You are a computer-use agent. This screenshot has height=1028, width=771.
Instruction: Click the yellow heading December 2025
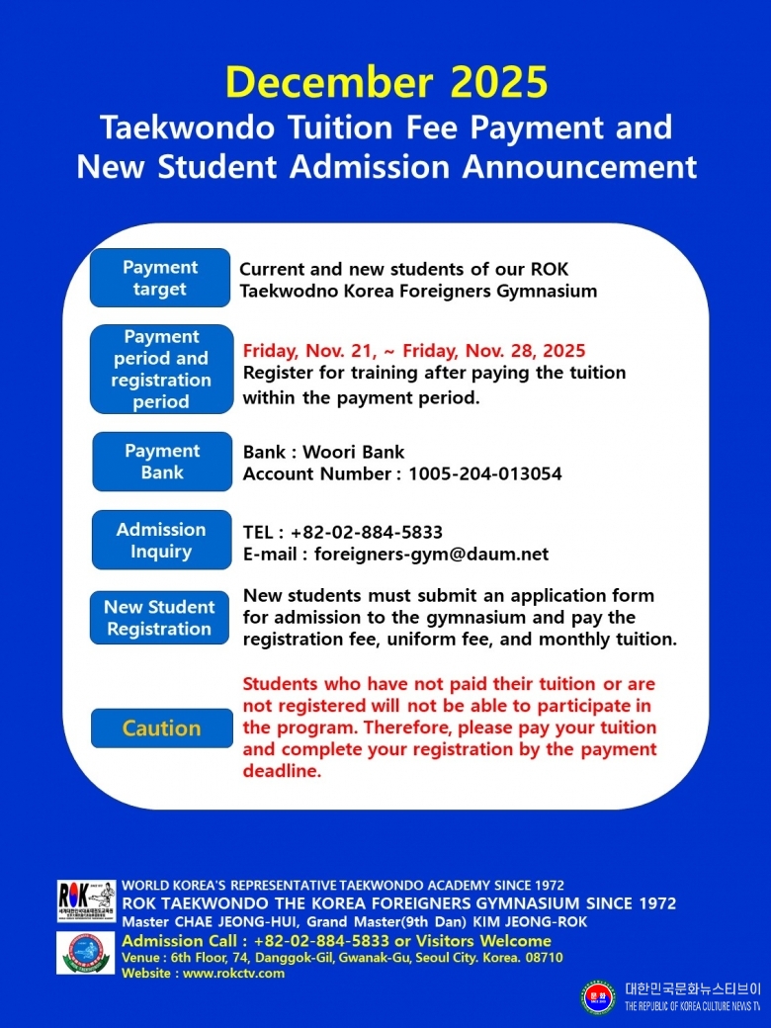(385, 83)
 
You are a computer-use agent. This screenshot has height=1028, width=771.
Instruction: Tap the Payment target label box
(160, 279)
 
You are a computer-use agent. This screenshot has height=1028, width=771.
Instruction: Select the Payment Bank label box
(162, 462)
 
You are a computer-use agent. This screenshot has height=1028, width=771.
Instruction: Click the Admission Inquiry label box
(161, 540)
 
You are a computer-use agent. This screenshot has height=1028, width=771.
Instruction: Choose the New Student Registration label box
(159, 618)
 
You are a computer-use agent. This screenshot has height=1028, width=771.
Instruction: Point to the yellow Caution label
(161, 728)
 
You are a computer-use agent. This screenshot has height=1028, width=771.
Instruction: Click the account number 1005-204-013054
(484, 474)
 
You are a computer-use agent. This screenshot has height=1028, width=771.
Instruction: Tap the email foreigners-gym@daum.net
(431, 555)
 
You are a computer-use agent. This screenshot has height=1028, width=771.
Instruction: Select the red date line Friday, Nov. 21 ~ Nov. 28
(414, 351)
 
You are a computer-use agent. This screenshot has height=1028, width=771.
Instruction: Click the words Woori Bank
(353, 453)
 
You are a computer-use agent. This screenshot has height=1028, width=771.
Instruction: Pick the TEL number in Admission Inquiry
(367, 533)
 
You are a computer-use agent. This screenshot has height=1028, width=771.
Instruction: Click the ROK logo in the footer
(86, 901)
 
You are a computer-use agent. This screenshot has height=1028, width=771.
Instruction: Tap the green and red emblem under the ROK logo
(86, 953)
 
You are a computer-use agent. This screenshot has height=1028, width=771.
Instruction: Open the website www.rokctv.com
(233, 974)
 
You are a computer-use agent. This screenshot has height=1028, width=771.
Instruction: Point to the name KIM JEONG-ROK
(524, 922)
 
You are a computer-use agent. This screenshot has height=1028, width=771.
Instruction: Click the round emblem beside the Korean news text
(598, 996)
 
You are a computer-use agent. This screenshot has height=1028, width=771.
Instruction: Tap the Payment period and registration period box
(161, 370)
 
